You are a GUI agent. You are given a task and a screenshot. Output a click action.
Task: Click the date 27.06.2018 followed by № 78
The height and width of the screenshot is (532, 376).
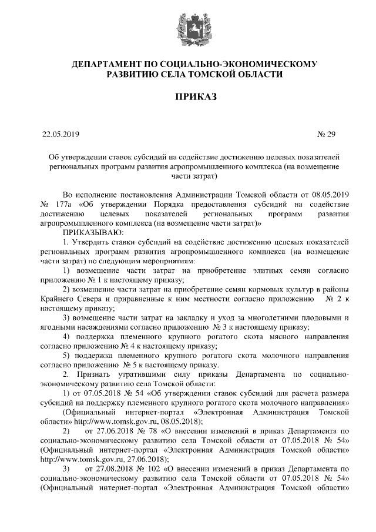pyautogui.click(x=106, y=431)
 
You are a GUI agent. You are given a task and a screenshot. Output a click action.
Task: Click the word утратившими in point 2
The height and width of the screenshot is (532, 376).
pyautogui.click(x=159, y=374)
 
